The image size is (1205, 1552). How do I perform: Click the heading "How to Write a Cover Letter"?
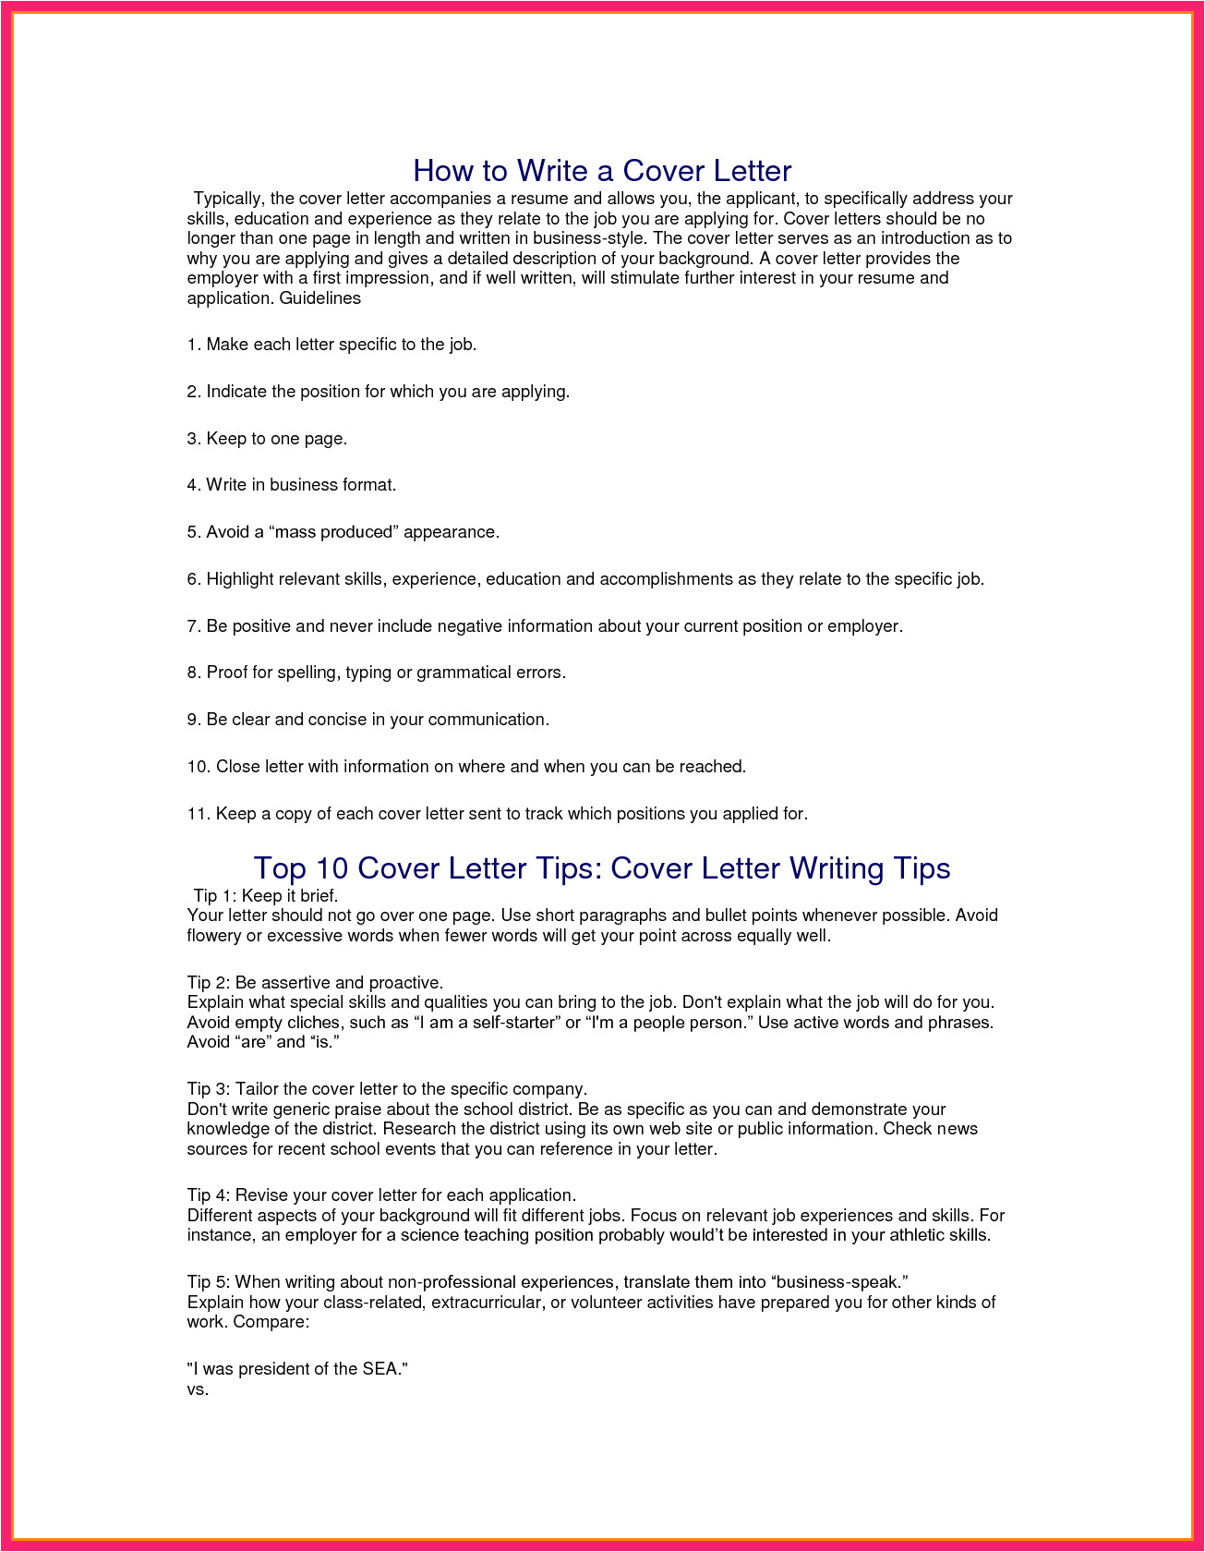(602, 171)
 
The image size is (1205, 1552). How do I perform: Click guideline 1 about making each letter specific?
(331, 345)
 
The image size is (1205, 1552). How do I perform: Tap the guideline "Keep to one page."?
(267, 439)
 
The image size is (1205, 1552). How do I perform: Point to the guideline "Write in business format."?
(291, 485)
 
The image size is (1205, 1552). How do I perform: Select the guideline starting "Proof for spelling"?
(376, 673)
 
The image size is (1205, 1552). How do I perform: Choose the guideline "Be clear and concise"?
(368, 720)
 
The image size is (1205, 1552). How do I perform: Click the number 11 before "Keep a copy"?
(197, 814)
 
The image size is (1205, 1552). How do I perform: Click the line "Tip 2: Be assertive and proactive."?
(315, 982)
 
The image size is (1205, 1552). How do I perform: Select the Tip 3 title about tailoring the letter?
(387, 1088)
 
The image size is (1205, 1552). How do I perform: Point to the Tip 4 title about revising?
(381, 1194)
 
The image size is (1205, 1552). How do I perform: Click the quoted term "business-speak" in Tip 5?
(837, 1281)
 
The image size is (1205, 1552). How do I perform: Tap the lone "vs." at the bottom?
(198, 1388)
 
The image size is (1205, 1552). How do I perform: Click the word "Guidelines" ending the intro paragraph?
(319, 298)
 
